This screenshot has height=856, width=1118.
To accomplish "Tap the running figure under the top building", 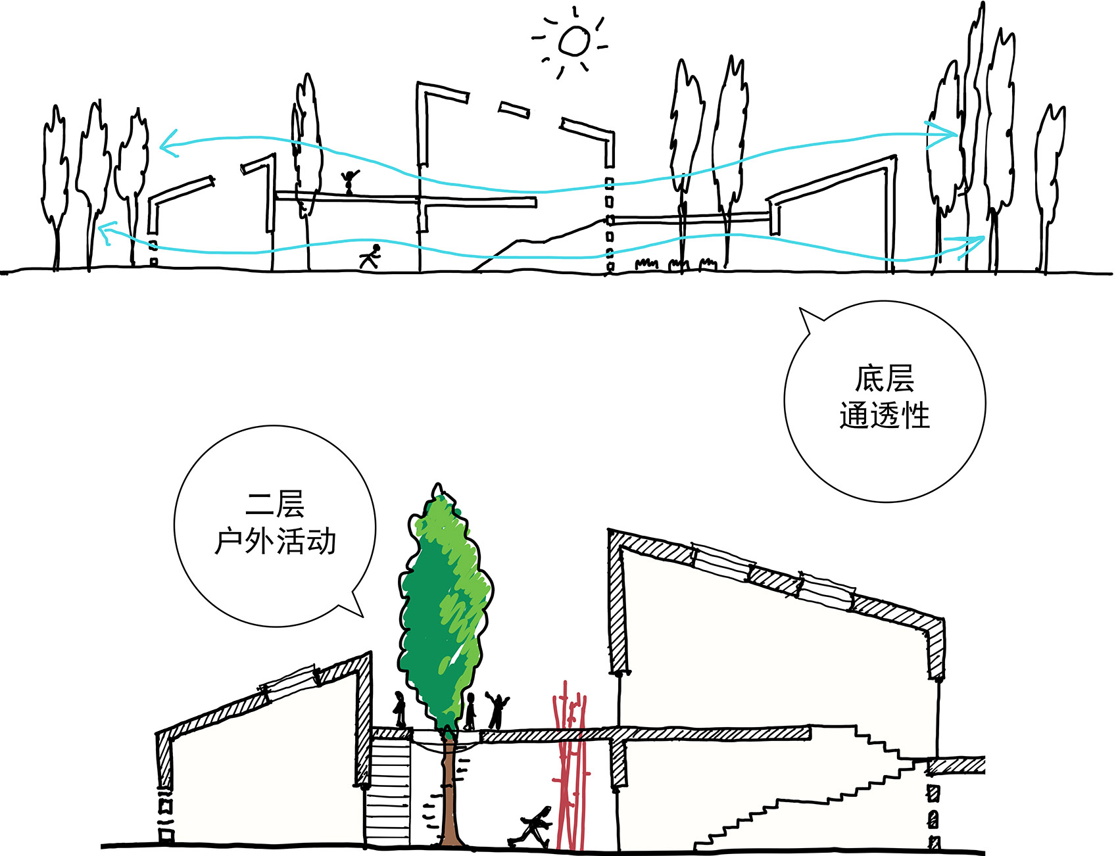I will pyautogui.click(x=371, y=256).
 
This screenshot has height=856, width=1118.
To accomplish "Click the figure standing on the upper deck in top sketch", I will pyautogui.click(x=349, y=182).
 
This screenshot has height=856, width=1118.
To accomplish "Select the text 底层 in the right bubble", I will pyautogui.click(x=885, y=379).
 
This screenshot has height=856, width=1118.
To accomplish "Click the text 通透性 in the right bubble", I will pyautogui.click(x=885, y=416).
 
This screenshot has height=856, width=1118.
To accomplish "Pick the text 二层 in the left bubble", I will pyautogui.click(x=275, y=505).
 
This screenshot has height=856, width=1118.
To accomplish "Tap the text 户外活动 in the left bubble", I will pyautogui.click(x=275, y=542).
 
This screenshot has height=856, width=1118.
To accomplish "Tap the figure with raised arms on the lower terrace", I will pyautogui.click(x=498, y=710).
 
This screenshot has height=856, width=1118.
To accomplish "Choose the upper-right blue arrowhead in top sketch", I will pyautogui.click(x=947, y=133).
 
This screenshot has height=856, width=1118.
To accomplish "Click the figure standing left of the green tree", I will pyautogui.click(x=399, y=710).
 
